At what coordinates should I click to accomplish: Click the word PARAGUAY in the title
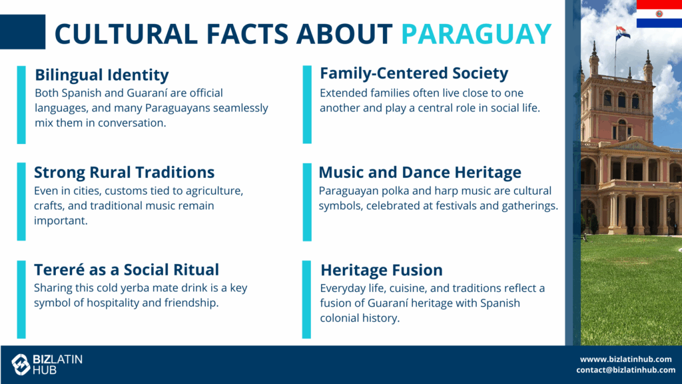[476, 34]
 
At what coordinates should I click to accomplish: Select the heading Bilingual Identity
[102, 75]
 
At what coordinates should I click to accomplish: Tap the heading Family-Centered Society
[414, 73]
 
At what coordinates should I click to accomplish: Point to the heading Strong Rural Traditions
[124, 173]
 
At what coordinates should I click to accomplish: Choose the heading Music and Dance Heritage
[420, 173]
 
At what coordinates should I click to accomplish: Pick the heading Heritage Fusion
[382, 270]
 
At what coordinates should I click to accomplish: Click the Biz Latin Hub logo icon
[21, 365]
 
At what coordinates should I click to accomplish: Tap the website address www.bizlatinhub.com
[626, 359]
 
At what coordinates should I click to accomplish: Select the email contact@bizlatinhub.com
[626, 370]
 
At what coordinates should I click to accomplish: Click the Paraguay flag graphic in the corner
[659, 14]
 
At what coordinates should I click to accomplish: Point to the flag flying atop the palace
[622, 32]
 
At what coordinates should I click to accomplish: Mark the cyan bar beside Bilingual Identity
[21, 105]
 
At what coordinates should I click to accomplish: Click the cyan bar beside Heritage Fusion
[306, 299]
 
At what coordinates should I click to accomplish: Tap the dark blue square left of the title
[23, 32]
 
